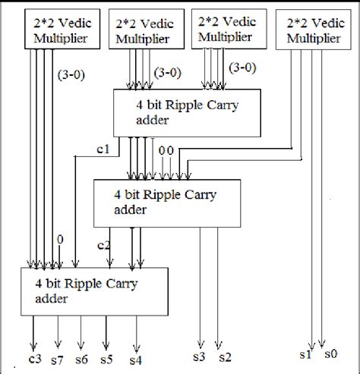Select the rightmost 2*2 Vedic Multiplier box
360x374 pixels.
click(x=314, y=30)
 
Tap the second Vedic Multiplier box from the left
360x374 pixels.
click(x=144, y=30)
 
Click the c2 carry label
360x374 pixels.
click(x=105, y=246)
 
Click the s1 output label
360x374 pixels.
click(x=304, y=354)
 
